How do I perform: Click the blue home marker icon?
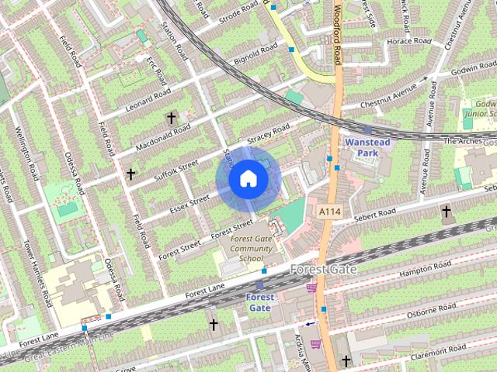(247, 179)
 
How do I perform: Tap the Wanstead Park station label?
(360, 148)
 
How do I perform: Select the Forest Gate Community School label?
(246, 249)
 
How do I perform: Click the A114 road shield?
(329, 211)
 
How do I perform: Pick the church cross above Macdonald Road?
(171, 118)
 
